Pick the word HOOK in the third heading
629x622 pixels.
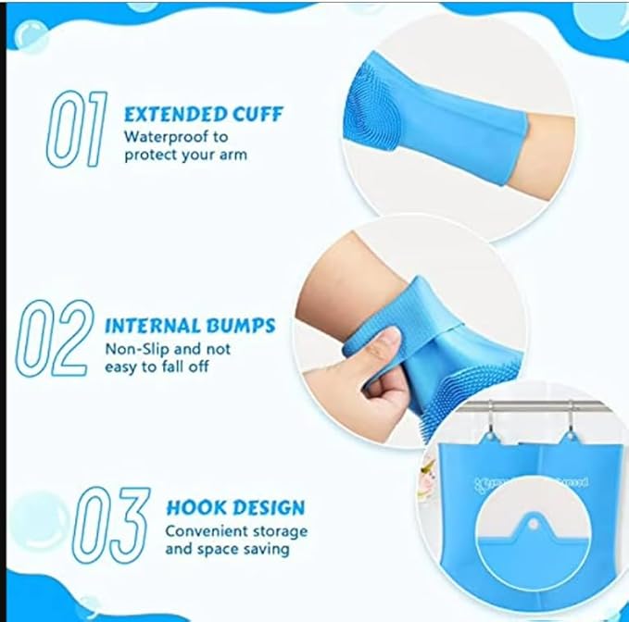pos(193,507)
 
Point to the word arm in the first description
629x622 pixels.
pos(233,154)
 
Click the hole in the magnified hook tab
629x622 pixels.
pos(535,521)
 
